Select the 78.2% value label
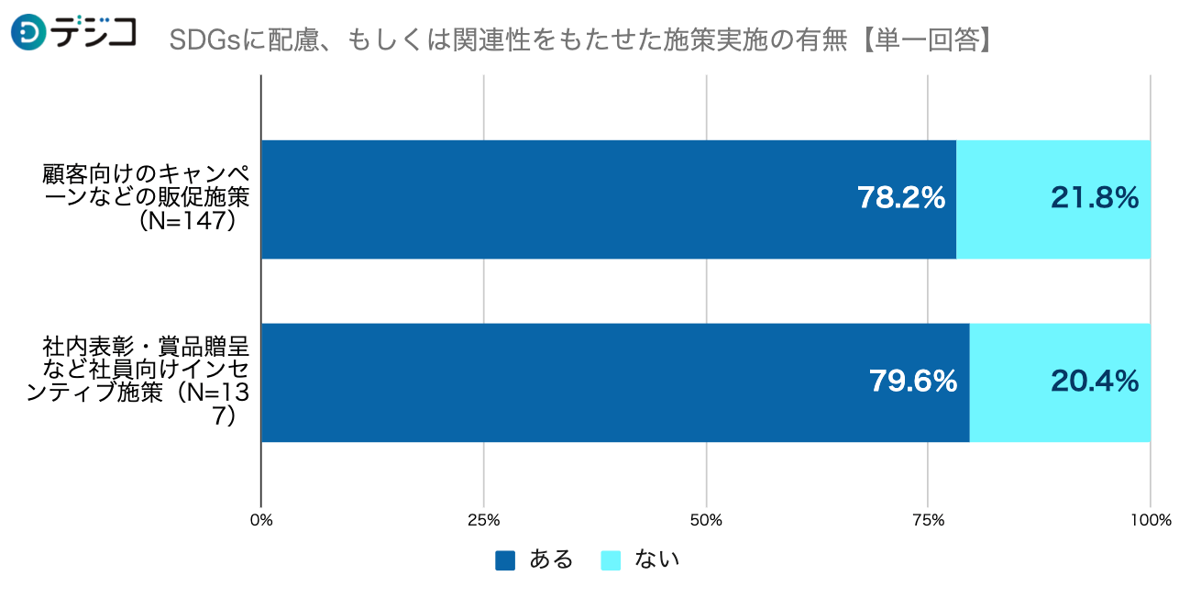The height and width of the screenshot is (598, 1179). (901, 198)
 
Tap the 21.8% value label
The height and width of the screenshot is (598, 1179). (1095, 198)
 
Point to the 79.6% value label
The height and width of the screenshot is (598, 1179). (913, 382)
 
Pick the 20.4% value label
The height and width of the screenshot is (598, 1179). (1095, 382)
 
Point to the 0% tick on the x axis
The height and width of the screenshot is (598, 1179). (261, 521)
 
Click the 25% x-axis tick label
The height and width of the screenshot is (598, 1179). (483, 521)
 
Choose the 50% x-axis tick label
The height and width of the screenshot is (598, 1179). (706, 521)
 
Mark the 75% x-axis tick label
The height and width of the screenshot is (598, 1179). (928, 521)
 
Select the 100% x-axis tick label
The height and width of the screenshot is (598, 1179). (1151, 521)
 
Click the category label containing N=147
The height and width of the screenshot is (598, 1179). (147, 198)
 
